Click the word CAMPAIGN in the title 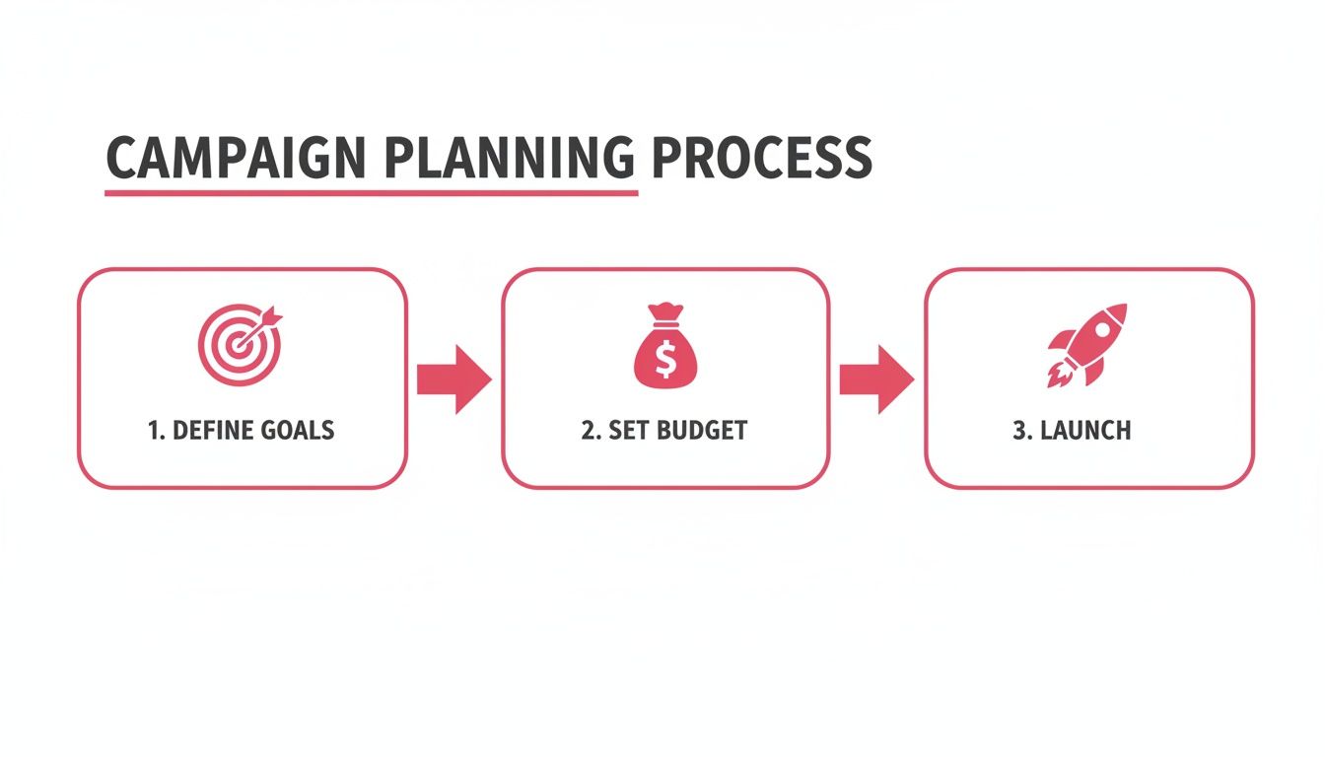pos(235,158)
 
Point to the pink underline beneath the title pos(371,192)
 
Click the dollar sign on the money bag pos(664,360)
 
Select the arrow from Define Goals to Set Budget pos(453,378)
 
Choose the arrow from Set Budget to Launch pos(876,378)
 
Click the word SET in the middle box pos(625,431)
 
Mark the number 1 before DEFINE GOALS pos(154,431)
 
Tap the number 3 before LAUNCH pos(1019,431)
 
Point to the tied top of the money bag pos(665,311)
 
